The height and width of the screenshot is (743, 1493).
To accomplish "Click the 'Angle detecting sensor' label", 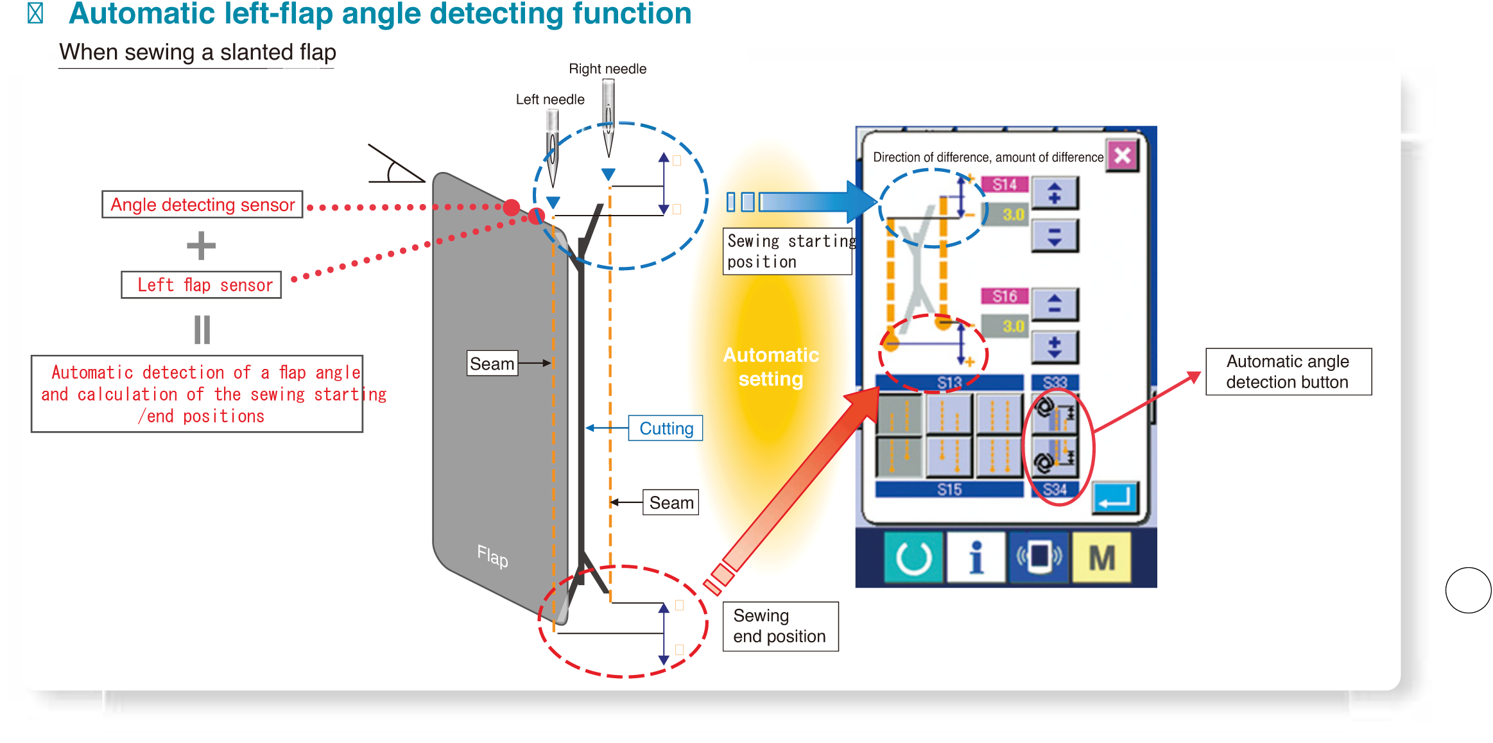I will click(x=202, y=205).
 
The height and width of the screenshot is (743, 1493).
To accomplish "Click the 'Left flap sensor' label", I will click(x=202, y=285).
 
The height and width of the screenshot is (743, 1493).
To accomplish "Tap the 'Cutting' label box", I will click(x=666, y=429).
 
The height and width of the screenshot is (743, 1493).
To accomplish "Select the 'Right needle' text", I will click(x=608, y=69).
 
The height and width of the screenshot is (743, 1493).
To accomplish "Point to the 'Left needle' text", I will click(x=550, y=99).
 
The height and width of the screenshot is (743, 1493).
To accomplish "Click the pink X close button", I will click(x=1122, y=155).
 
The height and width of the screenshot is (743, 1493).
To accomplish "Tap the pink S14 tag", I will click(x=1005, y=185).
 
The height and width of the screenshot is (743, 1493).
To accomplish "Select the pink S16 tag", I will click(x=1005, y=296).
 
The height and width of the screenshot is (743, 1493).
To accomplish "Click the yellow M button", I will click(x=1101, y=557).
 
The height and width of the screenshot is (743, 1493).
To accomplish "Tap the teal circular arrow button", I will click(x=913, y=557).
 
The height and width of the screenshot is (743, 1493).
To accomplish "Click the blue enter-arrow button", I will click(x=1116, y=498).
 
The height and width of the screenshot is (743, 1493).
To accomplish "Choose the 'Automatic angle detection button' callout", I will click(x=1288, y=371).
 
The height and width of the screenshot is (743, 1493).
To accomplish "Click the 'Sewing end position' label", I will click(x=780, y=626).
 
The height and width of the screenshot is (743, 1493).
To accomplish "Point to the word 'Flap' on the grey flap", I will click(x=492, y=556).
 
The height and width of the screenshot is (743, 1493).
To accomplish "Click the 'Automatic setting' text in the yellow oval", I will click(x=771, y=367).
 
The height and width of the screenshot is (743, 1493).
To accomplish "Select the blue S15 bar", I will click(x=949, y=490).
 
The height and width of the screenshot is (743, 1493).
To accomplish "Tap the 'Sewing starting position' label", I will click(x=788, y=252).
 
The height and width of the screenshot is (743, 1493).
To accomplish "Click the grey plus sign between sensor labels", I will click(x=201, y=246).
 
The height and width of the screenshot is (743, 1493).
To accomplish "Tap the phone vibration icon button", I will click(x=1039, y=557).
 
